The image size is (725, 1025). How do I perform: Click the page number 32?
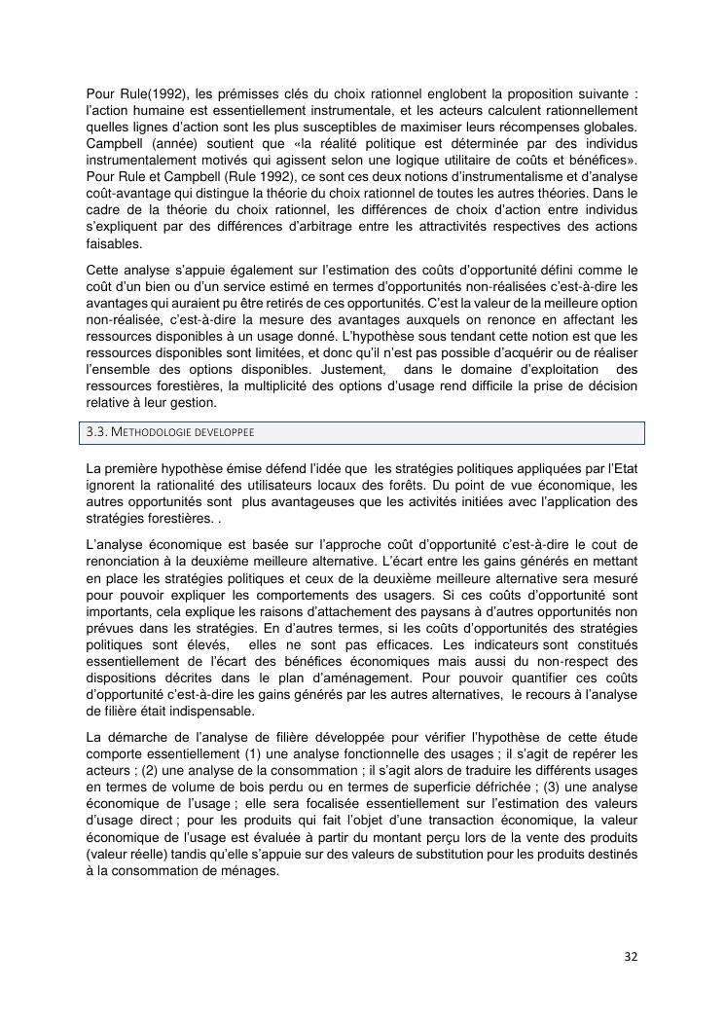coord(631,956)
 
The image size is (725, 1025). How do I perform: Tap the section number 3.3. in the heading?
coord(99,432)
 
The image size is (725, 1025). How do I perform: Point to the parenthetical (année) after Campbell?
coord(169,141)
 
